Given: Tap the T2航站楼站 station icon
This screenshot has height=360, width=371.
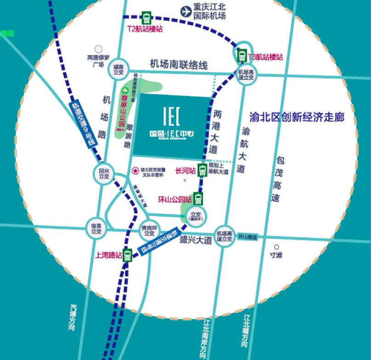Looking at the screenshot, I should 146,18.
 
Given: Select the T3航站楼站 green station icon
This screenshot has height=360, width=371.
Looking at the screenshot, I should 242,56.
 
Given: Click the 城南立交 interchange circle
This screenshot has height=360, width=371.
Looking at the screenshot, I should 118,69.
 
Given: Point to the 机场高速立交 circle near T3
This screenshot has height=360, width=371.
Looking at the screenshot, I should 247,75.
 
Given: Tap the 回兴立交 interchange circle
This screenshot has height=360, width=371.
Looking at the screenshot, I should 104,173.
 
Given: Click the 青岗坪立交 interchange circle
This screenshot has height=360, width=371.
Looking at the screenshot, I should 150,230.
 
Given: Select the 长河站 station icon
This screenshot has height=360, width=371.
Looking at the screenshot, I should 202,170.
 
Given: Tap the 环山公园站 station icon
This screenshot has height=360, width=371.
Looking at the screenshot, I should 198,199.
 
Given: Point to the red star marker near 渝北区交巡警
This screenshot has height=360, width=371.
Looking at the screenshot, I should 135,171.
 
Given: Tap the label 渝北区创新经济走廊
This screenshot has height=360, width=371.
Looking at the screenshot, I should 296,118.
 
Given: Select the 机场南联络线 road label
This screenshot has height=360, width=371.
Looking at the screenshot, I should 179,65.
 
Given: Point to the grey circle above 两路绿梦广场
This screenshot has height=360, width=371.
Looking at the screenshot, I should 98,49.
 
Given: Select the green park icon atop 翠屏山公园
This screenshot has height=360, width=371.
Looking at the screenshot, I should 124,90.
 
